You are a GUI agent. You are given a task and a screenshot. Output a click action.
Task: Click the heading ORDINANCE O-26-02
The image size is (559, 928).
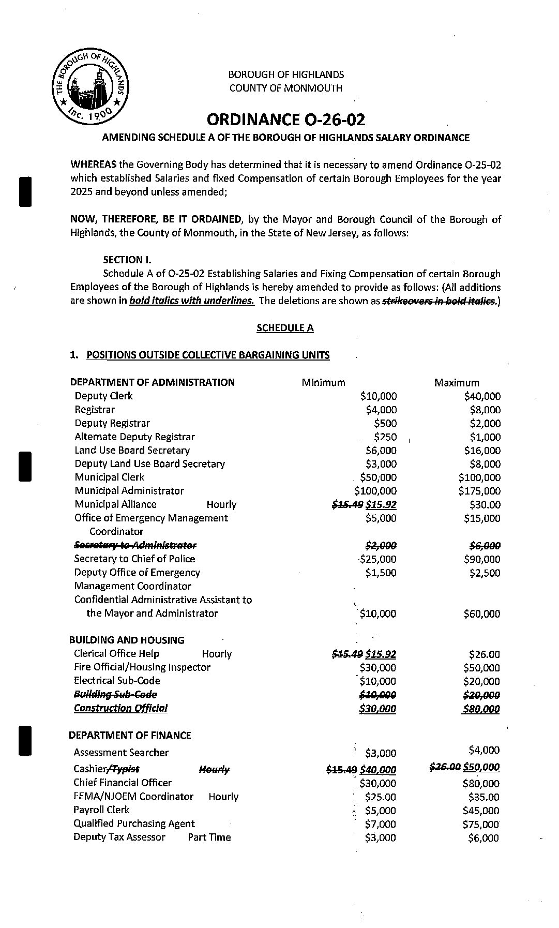click(285, 119)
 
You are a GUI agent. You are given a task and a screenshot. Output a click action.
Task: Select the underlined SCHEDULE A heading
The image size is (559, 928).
click(285, 328)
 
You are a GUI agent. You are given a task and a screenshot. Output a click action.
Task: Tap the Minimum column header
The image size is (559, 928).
click(323, 383)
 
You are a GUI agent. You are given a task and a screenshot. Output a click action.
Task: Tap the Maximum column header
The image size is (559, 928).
click(457, 383)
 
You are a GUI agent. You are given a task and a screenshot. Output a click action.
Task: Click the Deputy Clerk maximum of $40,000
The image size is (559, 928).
click(482, 396)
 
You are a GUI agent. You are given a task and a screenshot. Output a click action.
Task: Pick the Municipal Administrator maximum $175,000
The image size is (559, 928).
click(479, 491)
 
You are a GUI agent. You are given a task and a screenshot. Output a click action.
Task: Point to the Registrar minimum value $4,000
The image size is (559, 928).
click(381, 410)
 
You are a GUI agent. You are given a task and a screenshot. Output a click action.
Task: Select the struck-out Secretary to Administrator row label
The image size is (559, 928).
click(135, 545)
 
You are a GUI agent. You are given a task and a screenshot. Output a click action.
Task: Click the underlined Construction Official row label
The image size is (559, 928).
click(120, 708)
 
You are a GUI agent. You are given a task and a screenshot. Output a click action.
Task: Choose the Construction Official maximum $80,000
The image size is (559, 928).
click(481, 709)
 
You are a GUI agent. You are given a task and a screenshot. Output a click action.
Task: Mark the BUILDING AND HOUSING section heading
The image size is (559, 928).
click(127, 640)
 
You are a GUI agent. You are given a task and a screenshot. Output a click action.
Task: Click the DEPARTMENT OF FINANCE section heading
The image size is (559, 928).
click(130, 736)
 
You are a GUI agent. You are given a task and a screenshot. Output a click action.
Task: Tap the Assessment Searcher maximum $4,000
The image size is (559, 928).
click(484, 750)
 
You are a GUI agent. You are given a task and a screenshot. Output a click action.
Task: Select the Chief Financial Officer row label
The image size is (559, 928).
click(122, 783)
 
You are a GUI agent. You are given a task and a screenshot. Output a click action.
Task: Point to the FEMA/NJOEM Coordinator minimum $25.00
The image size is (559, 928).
click(380, 797)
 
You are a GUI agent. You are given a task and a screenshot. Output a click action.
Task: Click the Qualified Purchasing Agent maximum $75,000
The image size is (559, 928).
click(481, 825)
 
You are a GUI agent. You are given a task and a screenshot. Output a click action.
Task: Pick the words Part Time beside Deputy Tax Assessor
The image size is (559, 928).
click(209, 837)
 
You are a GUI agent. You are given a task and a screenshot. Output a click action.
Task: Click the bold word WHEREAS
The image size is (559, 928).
click(94, 165)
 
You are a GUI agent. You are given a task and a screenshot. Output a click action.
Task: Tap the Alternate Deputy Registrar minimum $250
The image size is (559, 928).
click(385, 437)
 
